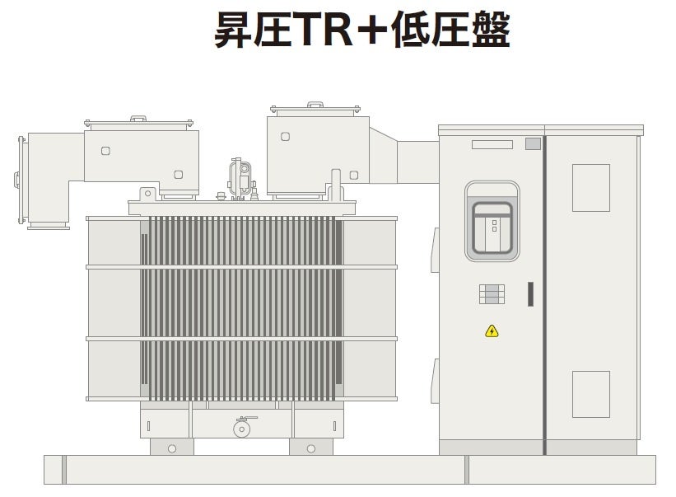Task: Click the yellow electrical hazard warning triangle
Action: (492, 331)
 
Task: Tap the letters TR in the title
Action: (315, 30)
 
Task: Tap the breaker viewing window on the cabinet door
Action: (492, 221)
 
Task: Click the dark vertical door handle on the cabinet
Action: (530, 294)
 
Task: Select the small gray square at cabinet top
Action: (533, 143)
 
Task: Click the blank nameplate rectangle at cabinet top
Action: (492, 145)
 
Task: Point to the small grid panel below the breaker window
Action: (492, 294)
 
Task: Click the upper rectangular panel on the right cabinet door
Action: (590, 187)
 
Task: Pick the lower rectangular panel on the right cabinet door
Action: (590, 393)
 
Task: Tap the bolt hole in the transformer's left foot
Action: (172, 448)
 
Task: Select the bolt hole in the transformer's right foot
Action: (310, 448)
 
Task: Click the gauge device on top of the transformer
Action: (243, 176)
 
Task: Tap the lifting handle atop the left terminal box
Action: (138, 119)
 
